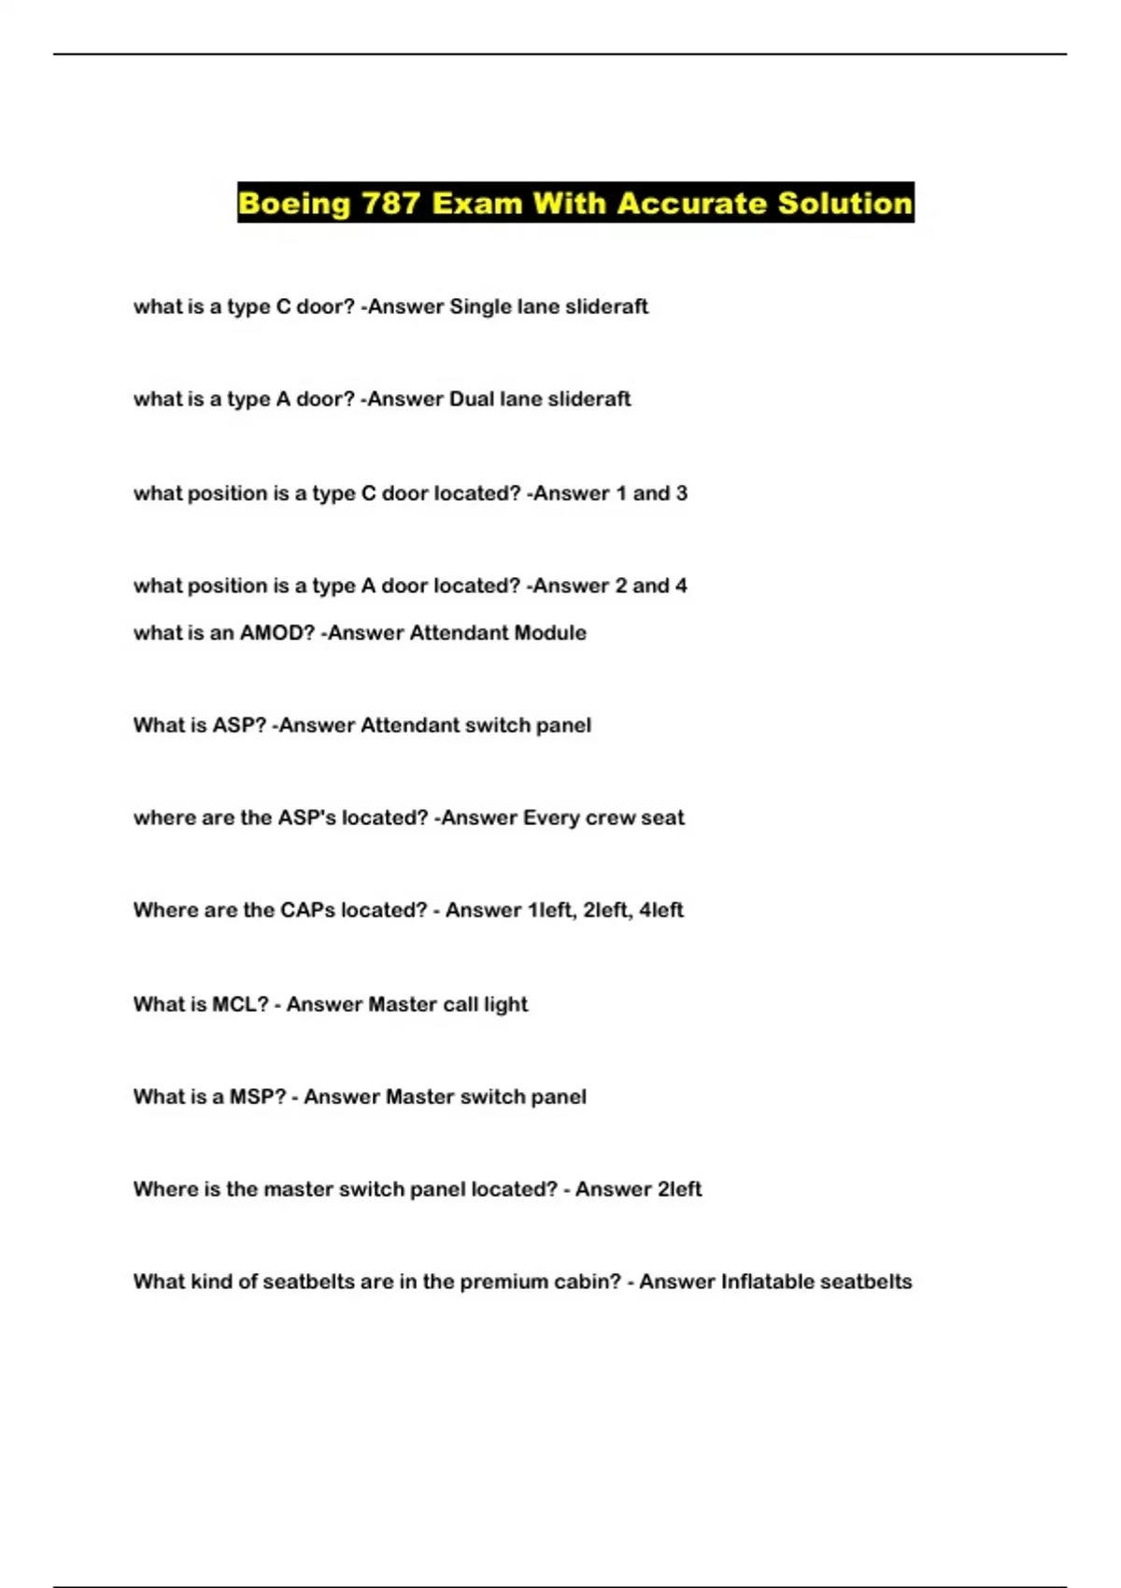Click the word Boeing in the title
coord(294,204)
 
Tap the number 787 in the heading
coord(390,204)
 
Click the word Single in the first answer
coord(480,307)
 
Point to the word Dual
coord(472,400)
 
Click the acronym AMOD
coord(277,633)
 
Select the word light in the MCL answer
coord(505,1005)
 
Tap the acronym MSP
coord(257,1098)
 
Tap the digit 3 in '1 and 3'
coord(681,494)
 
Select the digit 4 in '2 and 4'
coord(681,587)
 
